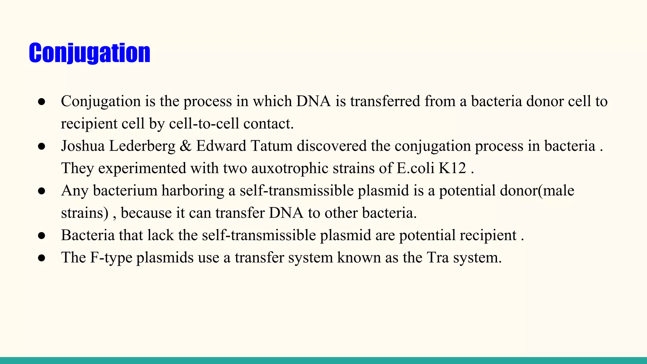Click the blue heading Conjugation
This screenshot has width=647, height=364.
coord(89,53)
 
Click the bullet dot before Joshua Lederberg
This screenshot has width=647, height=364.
coord(42,146)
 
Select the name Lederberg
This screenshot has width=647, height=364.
coord(142,146)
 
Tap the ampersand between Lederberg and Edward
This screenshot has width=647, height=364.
coord(185,146)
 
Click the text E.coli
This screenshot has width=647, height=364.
coord(415,168)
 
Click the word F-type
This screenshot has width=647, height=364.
coord(111,258)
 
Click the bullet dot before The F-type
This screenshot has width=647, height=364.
coord(42,258)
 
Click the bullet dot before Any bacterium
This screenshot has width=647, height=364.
coord(42,191)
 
